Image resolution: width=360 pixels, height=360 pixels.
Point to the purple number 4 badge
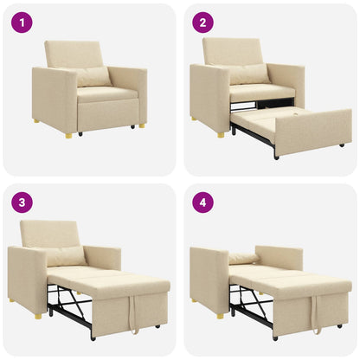(x=203, y=203)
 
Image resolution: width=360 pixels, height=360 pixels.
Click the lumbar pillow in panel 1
(x=93, y=76)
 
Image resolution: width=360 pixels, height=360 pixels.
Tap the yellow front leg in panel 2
(x=222, y=134)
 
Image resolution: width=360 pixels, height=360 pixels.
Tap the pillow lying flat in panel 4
(x=243, y=259)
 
